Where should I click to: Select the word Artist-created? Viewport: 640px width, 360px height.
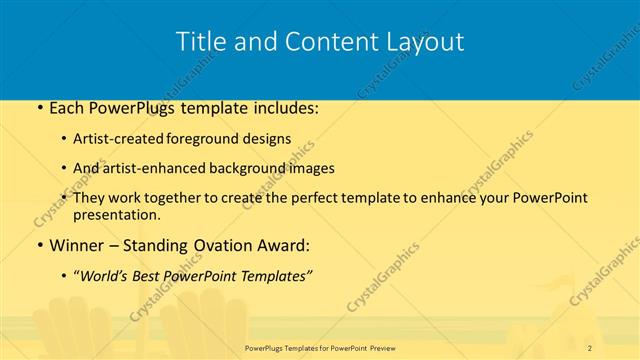[x=118, y=139]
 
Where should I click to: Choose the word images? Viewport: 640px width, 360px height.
[x=307, y=168]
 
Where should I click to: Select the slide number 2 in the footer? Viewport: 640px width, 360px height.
[x=590, y=347]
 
